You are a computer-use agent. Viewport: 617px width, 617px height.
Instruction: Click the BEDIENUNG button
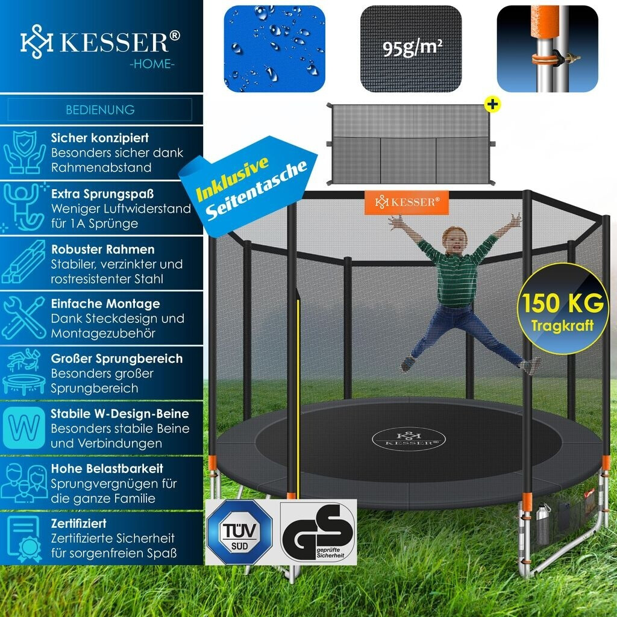pyautogui.click(x=100, y=110)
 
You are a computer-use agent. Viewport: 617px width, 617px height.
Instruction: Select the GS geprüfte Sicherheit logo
pyautogui.click(x=318, y=532)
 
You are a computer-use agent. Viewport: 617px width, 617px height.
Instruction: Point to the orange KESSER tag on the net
pyautogui.click(x=407, y=202)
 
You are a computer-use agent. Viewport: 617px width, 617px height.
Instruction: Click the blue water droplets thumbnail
pyautogui.click(x=274, y=48)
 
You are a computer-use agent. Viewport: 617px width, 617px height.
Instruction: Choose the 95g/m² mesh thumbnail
pyautogui.click(x=411, y=48)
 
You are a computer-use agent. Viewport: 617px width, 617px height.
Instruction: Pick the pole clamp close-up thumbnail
pyautogui.click(x=547, y=48)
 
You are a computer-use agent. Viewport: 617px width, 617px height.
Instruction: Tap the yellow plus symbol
pyautogui.click(x=493, y=104)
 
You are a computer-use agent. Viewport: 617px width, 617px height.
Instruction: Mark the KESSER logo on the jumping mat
pyautogui.click(x=404, y=438)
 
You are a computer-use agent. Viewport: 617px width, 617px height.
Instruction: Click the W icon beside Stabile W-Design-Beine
pyautogui.click(x=24, y=428)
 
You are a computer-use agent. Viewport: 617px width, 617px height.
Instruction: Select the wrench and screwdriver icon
pyautogui.click(x=24, y=318)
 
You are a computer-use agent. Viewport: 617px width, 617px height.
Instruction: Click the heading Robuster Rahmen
pyautogui.click(x=102, y=249)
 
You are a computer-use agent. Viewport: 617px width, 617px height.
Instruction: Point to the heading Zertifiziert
pyautogui.click(x=79, y=524)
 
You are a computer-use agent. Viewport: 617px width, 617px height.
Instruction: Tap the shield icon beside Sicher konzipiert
pyautogui.click(x=24, y=153)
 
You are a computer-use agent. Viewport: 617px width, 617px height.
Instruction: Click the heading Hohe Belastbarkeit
pyautogui.click(x=107, y=468)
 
